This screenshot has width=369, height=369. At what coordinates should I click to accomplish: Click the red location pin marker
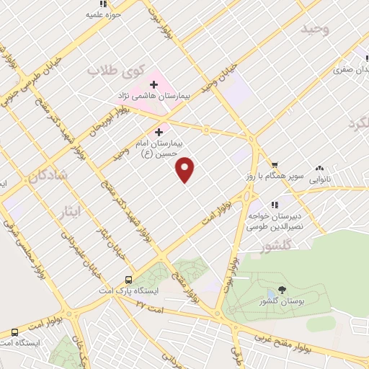[x=186, y=169]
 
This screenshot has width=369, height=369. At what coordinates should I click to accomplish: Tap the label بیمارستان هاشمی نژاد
[x=154, y=95]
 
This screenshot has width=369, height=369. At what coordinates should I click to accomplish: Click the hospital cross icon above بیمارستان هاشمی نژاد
[x=154, y=84]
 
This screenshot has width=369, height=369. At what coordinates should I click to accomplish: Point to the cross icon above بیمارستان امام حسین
[x=159, y=131]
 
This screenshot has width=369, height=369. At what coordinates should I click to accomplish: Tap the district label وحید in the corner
[x=314, y=29]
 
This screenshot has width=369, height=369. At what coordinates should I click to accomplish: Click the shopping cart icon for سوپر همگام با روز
[x=275, y=164]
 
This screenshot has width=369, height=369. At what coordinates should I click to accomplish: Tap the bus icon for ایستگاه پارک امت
[x=128, y=280]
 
